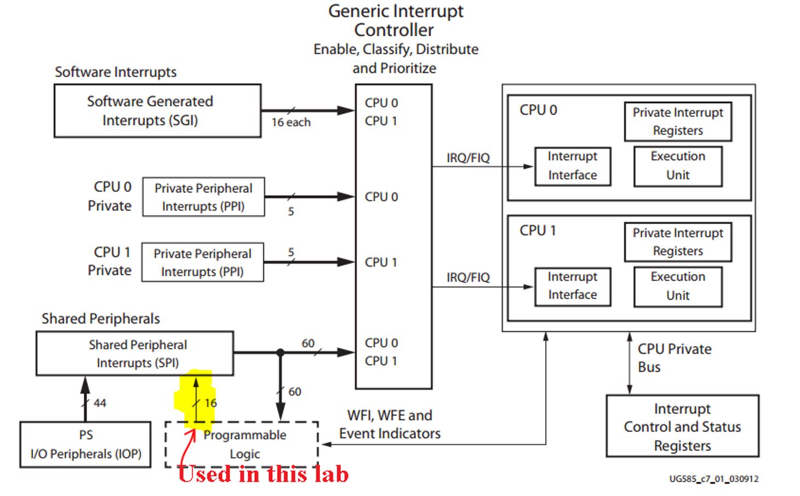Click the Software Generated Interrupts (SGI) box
[x=157, y=111]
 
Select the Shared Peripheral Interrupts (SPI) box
[x=135, y=354]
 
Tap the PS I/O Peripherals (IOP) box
[x=85, y=444]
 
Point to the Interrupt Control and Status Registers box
[x=682, y=426]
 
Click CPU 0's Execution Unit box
[x=678, y=166]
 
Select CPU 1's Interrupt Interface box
[x=573, y=286]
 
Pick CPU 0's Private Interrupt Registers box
[x=678, y=122]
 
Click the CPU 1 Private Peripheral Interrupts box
[x=203, y=263]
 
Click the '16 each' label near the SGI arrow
[x=291, y=122]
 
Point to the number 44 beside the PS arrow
[x=100, y=403]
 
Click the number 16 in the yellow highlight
[x=211, y=403]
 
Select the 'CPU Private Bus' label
[x=674, y=358]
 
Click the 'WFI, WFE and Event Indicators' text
[x=390, y=424]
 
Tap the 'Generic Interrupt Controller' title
[x=396, y=20]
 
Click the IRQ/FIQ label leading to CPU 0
[x=468, y=158]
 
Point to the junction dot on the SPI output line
[x=281, y=352]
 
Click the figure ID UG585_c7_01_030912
[x=713, y=479]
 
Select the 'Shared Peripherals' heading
[x=101, y=319]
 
